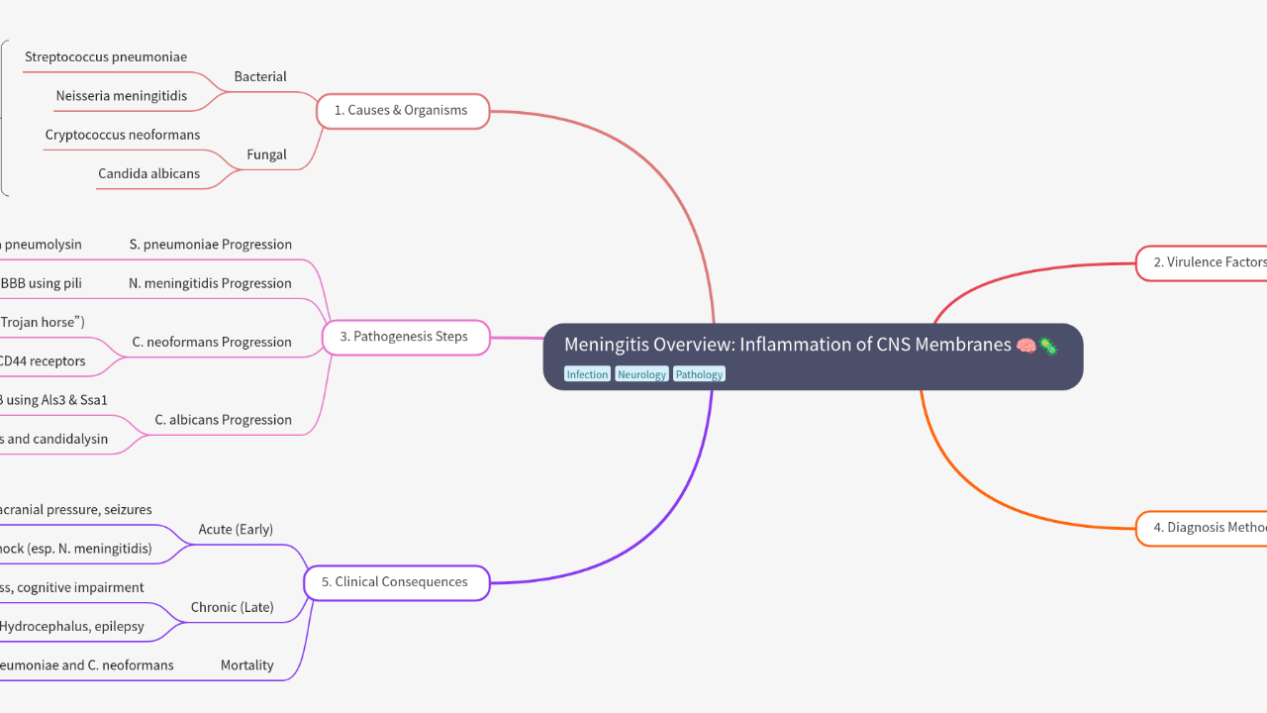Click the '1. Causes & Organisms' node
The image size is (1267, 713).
coord(402,111)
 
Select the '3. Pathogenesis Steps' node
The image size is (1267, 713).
coord(405,337)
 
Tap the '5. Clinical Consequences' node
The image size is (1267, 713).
coord(402,582)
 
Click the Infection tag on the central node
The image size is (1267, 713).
coord(587,374)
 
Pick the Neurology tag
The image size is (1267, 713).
coord(641,374)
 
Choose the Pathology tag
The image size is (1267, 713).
coord(699,374)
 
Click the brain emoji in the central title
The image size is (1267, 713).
coord(1025,346)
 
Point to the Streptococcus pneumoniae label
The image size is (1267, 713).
coord(106,57)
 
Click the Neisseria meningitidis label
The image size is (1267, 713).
coord(122,96)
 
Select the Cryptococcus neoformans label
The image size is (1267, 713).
coord(123,135)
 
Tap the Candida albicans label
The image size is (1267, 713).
coord(148,173)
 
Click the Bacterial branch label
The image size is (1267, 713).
coord(260,77)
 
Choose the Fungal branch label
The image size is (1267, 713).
coord(266,154)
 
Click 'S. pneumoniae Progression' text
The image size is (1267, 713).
coord(211,245)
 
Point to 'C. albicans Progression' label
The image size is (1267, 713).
coord(224,420)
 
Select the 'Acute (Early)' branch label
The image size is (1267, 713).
coord(236,530)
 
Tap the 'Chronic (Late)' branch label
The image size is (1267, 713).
coord(233,607)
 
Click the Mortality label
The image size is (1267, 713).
coord(247,665)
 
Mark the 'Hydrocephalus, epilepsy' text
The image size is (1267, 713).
coord(71,627)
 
